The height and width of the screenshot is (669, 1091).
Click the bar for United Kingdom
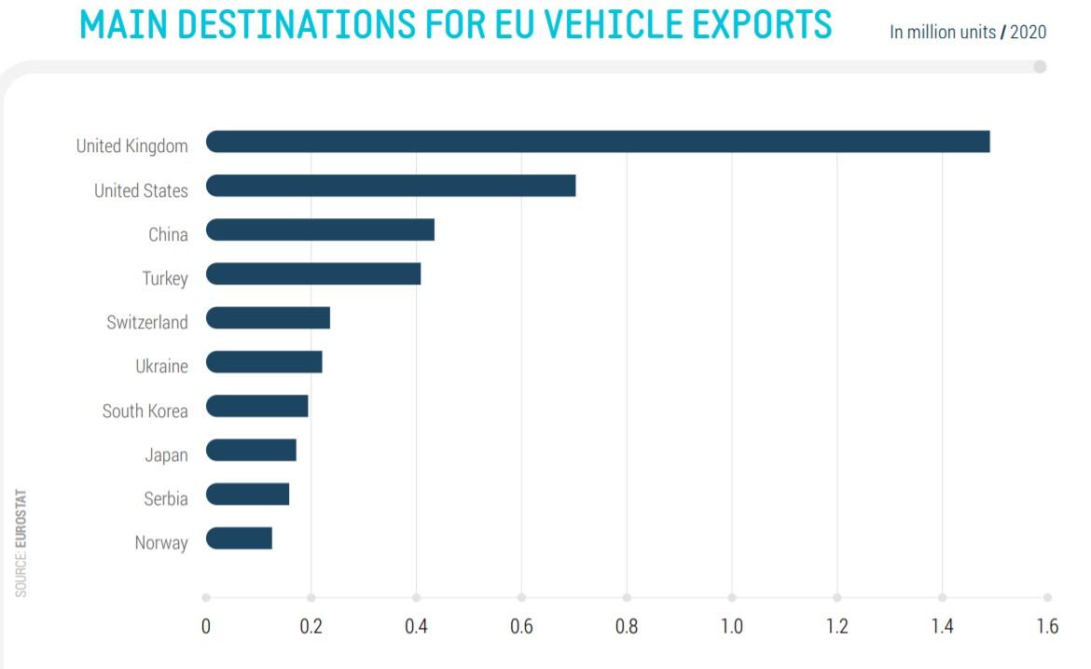click(x=597, y=142)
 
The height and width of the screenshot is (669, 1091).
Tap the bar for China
click(x=320, y=230)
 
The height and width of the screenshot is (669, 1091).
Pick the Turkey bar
click(x=312, y=273)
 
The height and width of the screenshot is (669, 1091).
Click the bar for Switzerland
click(x=268, y=318)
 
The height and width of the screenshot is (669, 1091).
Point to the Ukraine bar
click(x=264, y=362)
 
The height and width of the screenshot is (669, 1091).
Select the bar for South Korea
click(x=256, y=406)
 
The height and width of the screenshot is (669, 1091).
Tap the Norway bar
click(x=239, y=538)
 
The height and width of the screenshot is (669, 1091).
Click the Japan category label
click(x=166, y=455)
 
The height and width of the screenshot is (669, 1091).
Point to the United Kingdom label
click(x=131, y=146)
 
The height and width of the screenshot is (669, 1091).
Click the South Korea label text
click(x=145, y=411)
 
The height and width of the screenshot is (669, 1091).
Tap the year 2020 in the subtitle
click(x=1028, y=33)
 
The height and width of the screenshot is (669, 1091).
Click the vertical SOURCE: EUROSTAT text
click(x=21, y=542)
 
